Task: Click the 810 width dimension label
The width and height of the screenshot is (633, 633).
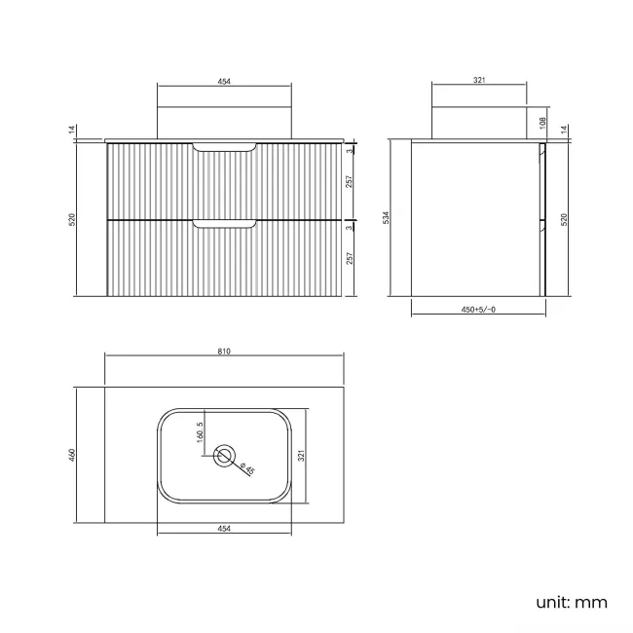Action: point(224,352)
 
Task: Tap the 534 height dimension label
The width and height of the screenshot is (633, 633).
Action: point(387,217)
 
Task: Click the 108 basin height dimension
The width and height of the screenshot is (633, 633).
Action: point(541,123)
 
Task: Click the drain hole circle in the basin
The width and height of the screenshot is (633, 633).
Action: point(225,455)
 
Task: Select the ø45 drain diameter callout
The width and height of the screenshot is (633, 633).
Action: point(248,468)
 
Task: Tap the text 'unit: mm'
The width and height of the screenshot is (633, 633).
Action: point(572,602)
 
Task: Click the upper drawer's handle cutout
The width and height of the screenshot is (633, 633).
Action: point(225,147)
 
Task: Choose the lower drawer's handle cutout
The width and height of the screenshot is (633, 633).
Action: point(225,225)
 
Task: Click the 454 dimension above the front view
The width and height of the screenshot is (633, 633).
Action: point(224,81)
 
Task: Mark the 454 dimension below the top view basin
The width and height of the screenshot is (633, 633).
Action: point(224,529)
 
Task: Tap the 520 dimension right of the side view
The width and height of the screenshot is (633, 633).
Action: point(565,219)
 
